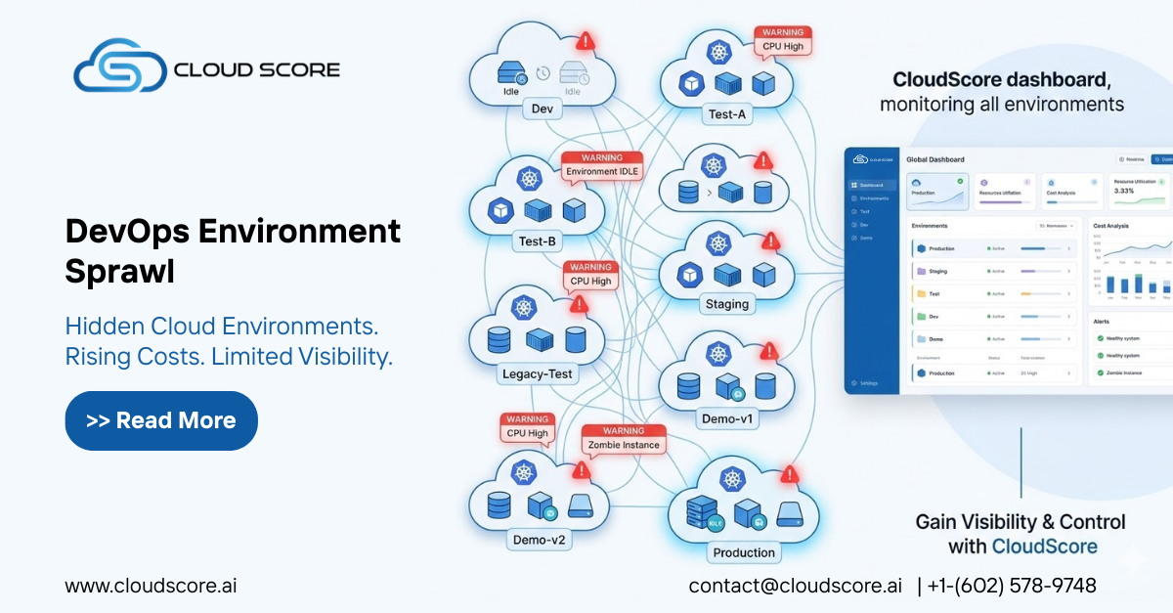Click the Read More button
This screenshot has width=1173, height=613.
pos(161,420)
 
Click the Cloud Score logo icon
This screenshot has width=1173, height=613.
pos(118,67)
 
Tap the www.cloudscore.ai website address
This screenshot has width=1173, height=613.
pos(151,586)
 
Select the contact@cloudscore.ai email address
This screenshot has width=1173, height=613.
pos(795,586)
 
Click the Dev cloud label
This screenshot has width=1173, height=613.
pos(542,109)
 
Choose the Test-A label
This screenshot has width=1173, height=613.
pos(726,114)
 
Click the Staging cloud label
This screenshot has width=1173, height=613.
pos(726,304)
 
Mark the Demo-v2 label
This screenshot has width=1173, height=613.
pos(539,539)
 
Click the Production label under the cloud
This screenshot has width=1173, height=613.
pos(743,552)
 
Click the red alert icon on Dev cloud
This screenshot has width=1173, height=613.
pos(586,41)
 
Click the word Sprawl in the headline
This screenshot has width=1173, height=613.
pos(119,272)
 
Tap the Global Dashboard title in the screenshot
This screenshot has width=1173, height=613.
pos(934,159)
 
